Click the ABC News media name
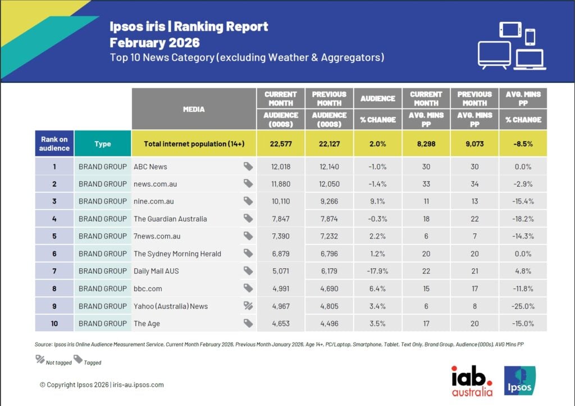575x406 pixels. pyautogui.click(x=150, y=166)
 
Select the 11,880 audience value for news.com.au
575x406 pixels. pyautogui.click(x=280, y=184)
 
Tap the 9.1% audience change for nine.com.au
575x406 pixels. pyautogui.click(x=377, y=201)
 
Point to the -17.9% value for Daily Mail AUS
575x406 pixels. pyautogui.click(x=377, y=271)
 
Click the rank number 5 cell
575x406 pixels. pyautogui.click(x=54, y=236)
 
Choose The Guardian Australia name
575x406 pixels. pyautogui.click(x=170, y=219)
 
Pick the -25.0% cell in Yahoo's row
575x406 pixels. pyautogui.click(x=523, y=306)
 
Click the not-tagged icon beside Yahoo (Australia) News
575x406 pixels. pyautogui.click(x=248, y=306)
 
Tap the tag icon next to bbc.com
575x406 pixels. pyautogui.click(x=248, y=288)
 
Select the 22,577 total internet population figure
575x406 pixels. pyautogui.click(x=280, y=144)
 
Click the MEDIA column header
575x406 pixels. pyautogui.click(x=194, y=109)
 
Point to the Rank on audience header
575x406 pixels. pyautogui.click(x=54, y=144)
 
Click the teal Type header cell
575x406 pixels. pyautogui.click(x=103, y=144)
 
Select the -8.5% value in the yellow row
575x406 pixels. pyautogui.click(x=523, y=144)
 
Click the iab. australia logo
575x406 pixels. pyautogui.click(x=472, y=381)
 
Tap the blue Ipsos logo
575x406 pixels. pyautogui.click(x=519, y=381)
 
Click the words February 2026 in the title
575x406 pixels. pyautogui.click(x=154, y=43)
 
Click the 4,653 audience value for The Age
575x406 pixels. pyautogui.click(x=280, y=323)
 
